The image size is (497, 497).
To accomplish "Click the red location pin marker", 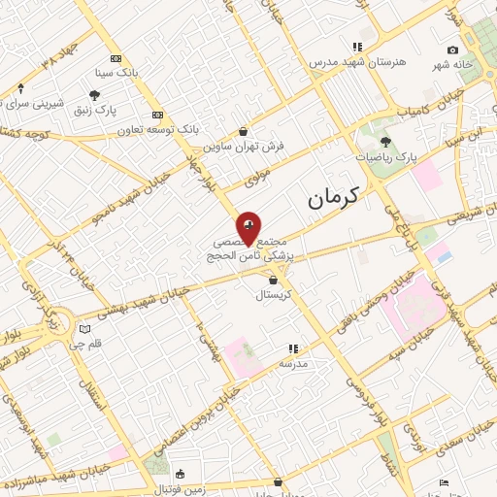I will [x=248, y=227].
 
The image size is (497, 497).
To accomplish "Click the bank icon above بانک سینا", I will [x=116, y=58].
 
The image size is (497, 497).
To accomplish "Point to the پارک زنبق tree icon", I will [x=94, y=95].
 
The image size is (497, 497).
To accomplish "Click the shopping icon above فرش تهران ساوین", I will [x=243, y=131].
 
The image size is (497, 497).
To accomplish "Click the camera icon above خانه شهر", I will [x=452, y=50].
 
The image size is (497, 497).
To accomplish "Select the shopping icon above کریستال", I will [x=273, y=280].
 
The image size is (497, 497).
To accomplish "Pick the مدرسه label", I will [x=292, y=363].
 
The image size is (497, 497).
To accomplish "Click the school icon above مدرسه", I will [x=292, y=348].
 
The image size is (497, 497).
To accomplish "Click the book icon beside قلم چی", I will [x=84, y=328].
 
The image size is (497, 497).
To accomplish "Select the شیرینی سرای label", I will [x=35, y=103].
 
